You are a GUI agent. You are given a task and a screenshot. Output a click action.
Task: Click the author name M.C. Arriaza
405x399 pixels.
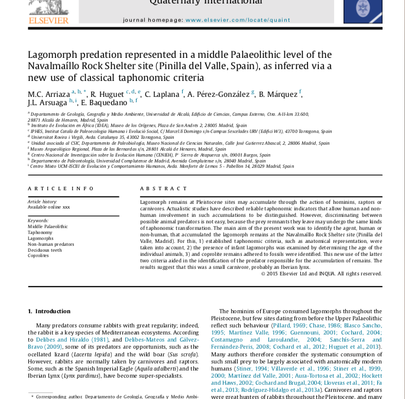pyautogui.click(x=48, y=94)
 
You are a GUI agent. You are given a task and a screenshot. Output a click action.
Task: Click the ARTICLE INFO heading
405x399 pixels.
pyautogui.click(x=60, y=189)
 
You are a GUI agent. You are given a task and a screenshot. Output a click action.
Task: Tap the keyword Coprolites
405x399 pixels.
pyautogui.click(x=38, y=256)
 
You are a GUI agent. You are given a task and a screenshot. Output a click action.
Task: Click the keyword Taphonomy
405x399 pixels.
pyautogui.click(x=40, y=232)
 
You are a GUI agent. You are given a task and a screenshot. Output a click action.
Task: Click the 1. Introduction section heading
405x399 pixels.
pyautogui.click(x=49, y=311)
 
